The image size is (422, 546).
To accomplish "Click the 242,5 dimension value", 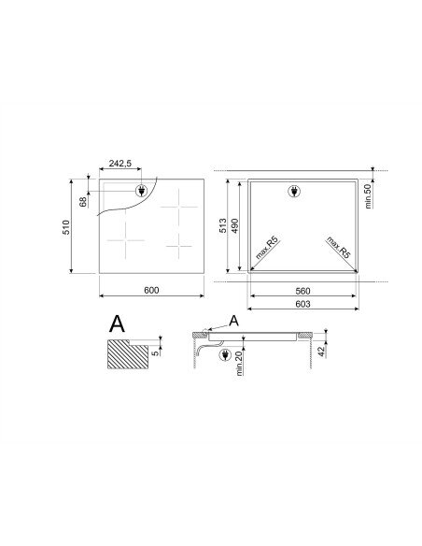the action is click(120, 163).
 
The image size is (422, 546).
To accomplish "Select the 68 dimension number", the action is click(83, 202).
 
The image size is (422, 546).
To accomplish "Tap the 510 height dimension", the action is click(66, 227).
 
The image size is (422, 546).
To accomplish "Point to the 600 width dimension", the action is click(151, 290).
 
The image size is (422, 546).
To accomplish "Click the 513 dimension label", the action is click(223, 225).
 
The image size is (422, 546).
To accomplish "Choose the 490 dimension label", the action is click(234, 225).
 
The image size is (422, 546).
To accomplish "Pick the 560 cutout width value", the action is click(302, 291).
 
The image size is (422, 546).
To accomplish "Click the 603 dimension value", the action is click(302, 304).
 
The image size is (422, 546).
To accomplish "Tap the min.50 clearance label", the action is click(368, 196).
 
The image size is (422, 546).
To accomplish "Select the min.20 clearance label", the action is click(239, 363).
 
